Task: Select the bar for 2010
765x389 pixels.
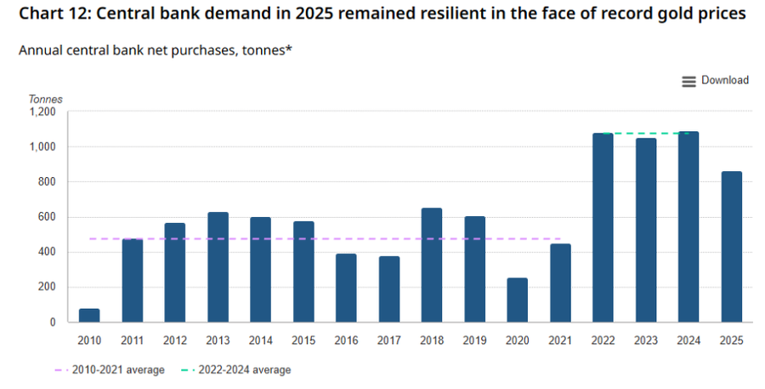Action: (89, 315)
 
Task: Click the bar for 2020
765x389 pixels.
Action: (517, 300)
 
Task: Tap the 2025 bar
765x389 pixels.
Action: (731, 247)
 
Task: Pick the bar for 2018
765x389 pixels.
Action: (432, 265)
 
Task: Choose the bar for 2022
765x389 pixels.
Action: (603, 228)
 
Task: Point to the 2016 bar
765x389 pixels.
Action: (347, 288)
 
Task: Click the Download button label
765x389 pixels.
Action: (724, 80)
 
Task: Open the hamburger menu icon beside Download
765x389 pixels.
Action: (688, 82)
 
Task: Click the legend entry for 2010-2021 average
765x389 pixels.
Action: (110, 370)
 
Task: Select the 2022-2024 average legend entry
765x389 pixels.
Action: (236, 370)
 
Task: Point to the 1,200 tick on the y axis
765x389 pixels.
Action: (42, 112)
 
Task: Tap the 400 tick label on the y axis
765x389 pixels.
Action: (47, 252)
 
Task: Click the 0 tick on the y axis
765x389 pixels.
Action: (53, 323)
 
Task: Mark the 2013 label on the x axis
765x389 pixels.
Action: (218, 340)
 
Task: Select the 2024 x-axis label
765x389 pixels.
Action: (688, 340)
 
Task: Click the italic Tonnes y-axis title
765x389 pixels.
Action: (45, 100)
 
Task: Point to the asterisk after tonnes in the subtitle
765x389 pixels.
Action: (288, 49)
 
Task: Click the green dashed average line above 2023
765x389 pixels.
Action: (646, 133)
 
